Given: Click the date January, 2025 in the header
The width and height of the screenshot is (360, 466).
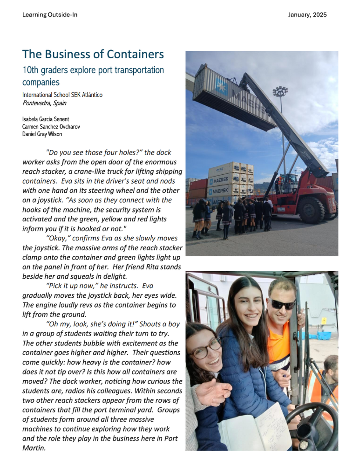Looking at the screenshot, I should click(307, 15).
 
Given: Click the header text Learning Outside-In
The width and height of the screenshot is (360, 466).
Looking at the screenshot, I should click(50, 15).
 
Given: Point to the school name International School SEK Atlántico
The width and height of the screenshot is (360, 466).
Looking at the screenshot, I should click(62, 95).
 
